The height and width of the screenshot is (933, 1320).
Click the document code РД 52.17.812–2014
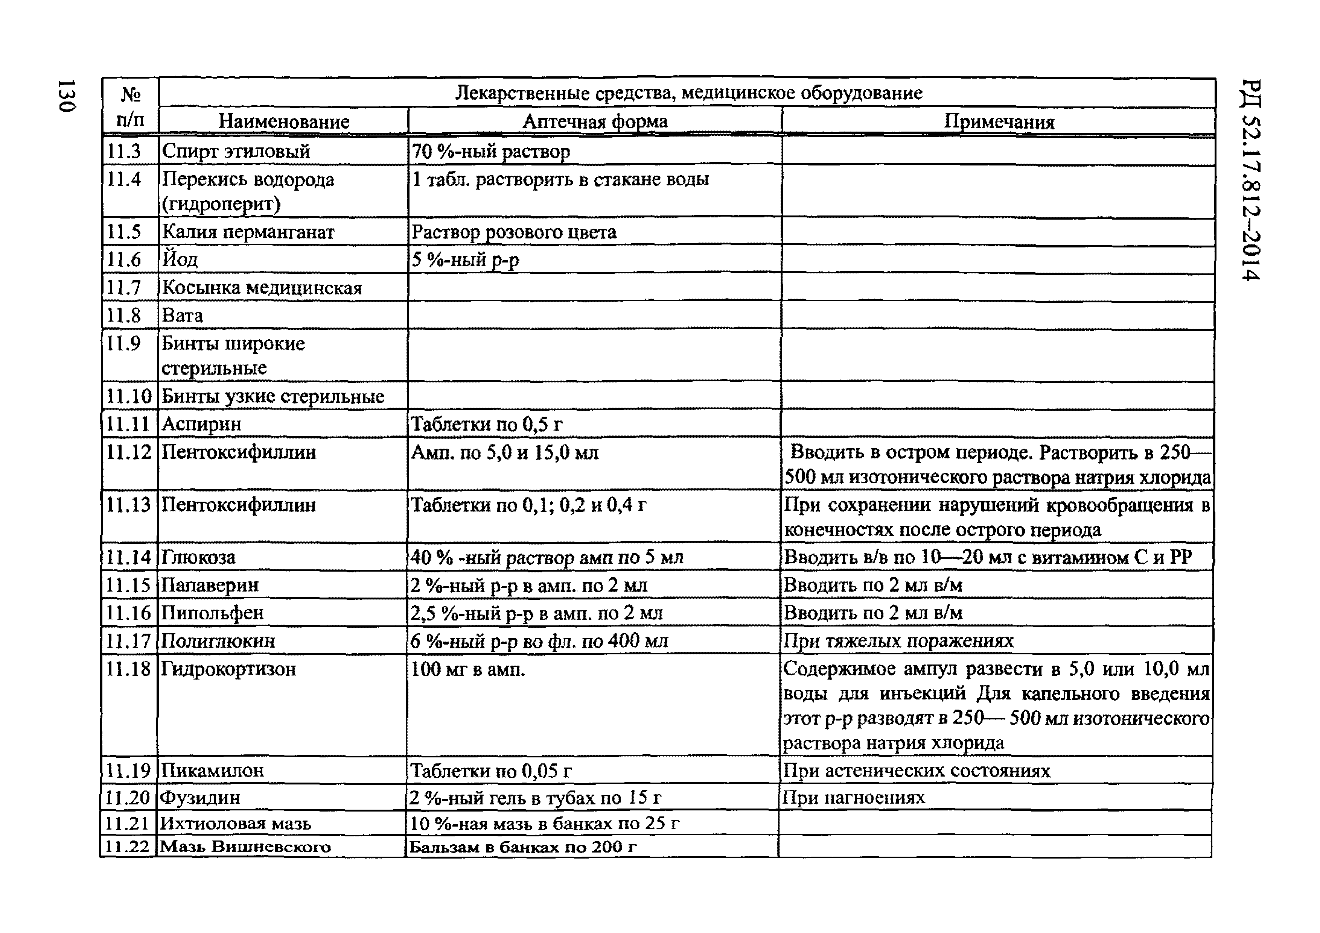1250,180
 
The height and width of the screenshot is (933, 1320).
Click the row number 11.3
124,151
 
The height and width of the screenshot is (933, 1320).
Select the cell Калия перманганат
248,232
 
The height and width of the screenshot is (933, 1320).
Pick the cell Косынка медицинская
262,287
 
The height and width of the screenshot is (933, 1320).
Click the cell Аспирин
202,424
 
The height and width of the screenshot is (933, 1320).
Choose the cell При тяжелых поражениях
898,640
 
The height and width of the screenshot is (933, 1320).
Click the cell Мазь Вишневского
245,847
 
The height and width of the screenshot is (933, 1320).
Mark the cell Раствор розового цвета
514,232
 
